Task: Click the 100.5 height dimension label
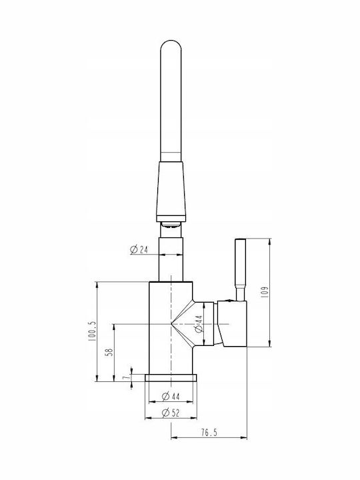click(92, 331)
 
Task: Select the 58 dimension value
click(109, 352)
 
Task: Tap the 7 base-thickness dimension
click(125, 378)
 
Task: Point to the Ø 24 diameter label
click(139, 250)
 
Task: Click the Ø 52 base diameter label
click(171, 413)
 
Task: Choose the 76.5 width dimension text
click(209, 433)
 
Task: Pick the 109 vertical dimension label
click(265, 292)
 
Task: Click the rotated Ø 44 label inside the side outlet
click(199, 324)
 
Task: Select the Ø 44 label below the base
click(171, 397)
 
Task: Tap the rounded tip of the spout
click(171, 41)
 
